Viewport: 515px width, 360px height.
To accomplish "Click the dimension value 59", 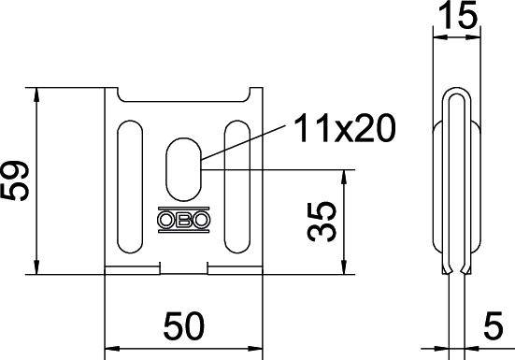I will click(x=17, y=180).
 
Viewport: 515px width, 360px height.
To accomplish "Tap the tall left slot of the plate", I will click(x=128, y=187).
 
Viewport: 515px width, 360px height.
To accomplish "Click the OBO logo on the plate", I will click(x=184, y=223).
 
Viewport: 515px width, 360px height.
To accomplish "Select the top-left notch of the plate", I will click(x=120, y=94).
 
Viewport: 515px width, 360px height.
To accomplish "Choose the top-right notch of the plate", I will click(x=249, y=94).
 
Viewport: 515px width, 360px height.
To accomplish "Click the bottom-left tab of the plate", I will click(x=132, y=270).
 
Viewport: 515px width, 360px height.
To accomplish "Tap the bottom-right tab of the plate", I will click(x=236, y=270).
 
